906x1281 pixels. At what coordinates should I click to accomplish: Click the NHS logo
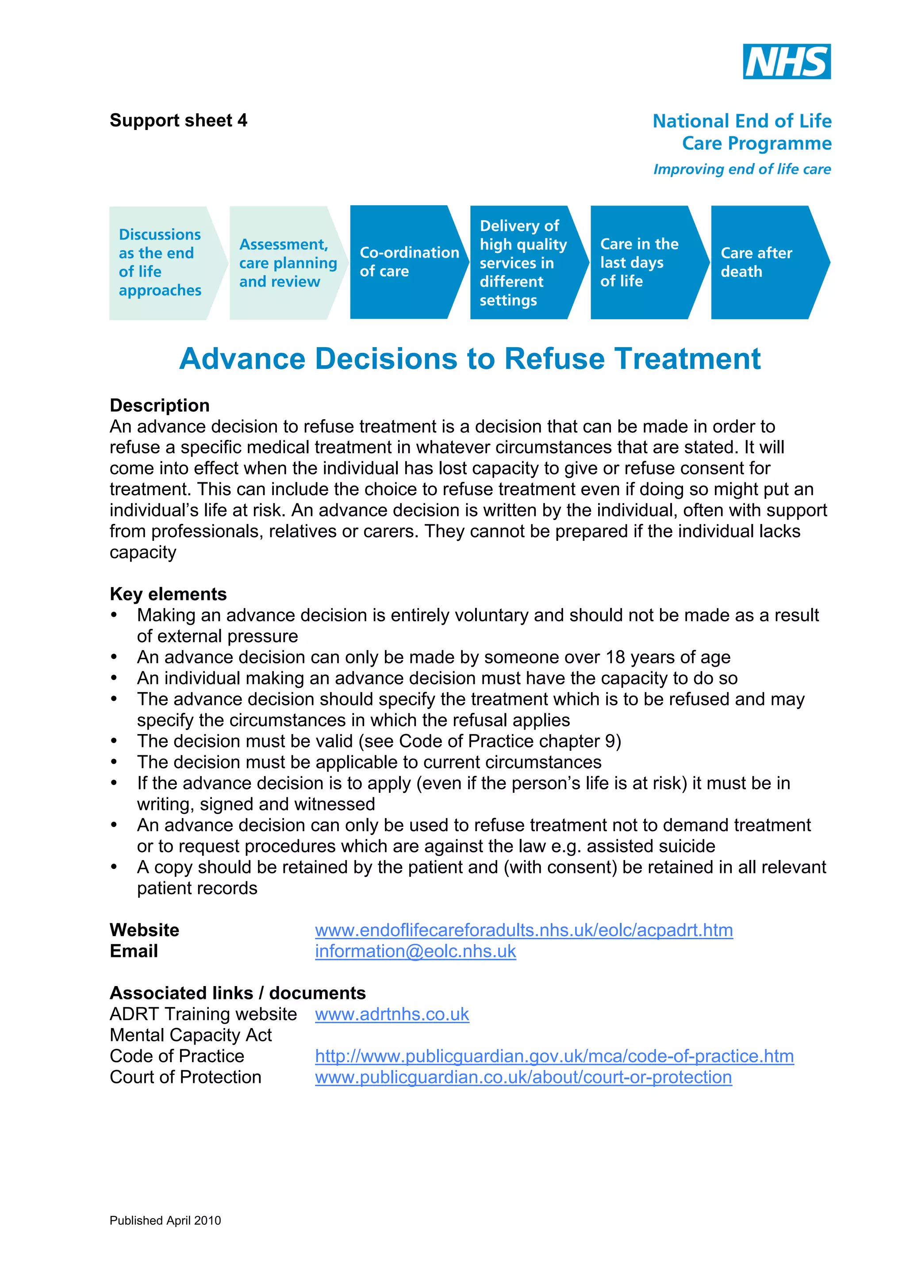pos(786,61)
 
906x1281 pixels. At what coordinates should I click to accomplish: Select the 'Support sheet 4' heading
pos(178,121)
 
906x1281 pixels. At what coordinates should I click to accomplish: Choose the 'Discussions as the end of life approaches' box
pos(161,262)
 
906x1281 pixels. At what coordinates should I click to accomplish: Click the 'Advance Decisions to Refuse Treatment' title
pos(469,359)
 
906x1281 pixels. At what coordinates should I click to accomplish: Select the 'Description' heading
pos(160,405)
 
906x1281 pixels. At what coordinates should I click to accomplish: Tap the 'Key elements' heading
pos(168,594)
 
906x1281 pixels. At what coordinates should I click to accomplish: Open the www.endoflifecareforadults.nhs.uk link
pos(524,930)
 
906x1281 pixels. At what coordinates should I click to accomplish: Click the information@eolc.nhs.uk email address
pos(415,951)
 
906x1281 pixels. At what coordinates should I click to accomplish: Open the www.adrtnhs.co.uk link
pos(392,1014)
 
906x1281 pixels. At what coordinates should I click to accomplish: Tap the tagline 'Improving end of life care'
pos(742,169)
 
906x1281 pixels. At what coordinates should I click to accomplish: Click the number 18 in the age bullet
pos(616,657)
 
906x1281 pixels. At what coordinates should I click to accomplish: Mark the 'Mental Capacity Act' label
pos(190,1035)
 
